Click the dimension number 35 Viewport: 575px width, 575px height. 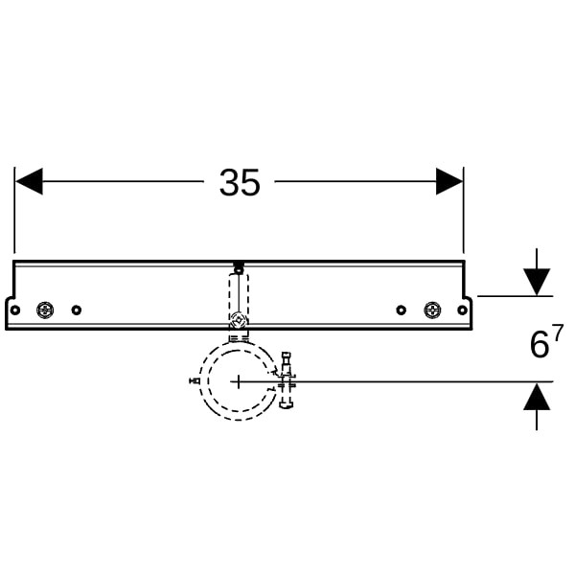pos(240,182)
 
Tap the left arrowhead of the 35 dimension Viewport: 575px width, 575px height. pos(30,181)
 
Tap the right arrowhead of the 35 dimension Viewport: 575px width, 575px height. pos(449,181)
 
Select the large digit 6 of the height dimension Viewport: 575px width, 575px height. pos(539,345)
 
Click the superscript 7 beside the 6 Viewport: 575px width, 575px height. pos(558,333)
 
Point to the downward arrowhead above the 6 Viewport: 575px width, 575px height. pos(537,282)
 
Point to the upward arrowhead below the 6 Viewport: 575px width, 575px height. pos(537,396)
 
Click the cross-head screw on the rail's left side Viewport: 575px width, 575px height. pos(45,310)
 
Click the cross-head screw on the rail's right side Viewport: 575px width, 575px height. pos(433,310)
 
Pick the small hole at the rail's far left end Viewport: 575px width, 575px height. pos(14,310)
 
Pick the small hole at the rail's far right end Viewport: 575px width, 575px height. pos(463,310)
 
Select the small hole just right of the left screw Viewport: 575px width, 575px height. pos(77,310)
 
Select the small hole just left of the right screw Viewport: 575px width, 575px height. pos(402,310)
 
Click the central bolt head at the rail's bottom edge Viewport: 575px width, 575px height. pos(239,320)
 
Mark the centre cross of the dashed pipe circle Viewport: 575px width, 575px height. pos(239,381)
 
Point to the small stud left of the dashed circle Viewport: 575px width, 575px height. pos(195,380)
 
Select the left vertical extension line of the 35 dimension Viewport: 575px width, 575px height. pos(14,210)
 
